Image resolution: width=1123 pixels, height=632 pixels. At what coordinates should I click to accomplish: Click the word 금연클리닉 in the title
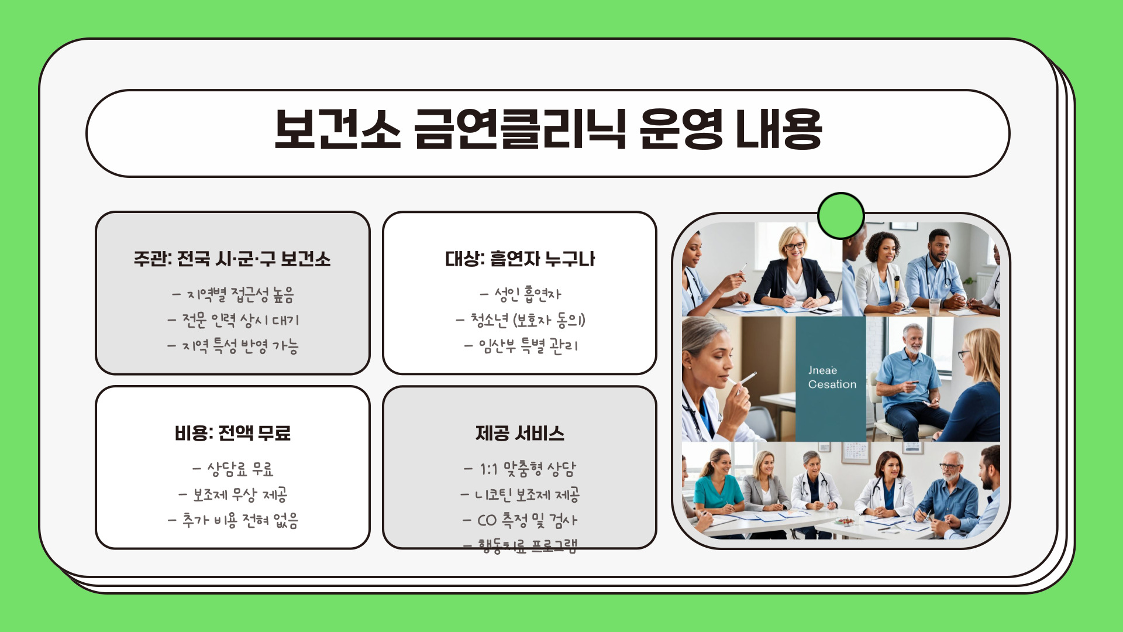pos(519,130)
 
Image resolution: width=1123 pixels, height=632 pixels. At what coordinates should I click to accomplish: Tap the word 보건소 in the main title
pos(337,130)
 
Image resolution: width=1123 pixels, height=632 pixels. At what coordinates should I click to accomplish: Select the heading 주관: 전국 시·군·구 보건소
pos(232,259)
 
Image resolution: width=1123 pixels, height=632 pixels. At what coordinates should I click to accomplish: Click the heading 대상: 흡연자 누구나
pos(519,259)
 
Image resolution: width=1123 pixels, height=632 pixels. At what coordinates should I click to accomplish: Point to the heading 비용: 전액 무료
pos(232,433)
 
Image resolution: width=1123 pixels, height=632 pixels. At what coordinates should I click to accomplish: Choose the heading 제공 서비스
pos(519,433)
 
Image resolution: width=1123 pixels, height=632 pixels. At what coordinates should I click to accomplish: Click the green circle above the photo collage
pos(840,215)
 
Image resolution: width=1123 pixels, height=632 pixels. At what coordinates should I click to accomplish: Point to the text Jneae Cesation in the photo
pos(831,377)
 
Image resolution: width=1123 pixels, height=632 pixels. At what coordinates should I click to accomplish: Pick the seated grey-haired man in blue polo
pos(910,380)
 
